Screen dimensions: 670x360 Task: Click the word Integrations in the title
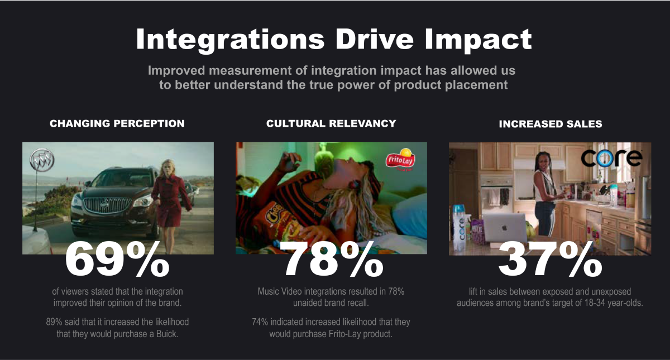[x=230, y=40]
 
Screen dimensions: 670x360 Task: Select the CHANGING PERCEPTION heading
[x=117, y=123]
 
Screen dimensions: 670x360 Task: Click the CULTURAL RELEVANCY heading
[x=331, y=123]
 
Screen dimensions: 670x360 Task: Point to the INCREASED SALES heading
[x=551, y=124]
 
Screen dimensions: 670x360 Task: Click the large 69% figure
[x=117, y=260]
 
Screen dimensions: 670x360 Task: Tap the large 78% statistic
[x=331, y=260]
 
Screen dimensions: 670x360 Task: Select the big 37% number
[x=551, y=260]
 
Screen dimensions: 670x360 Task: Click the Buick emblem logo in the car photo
[x=42, y=160]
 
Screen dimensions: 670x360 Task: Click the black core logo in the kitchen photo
[x=611, y=158]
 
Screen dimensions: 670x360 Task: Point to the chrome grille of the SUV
[x=107, y=205]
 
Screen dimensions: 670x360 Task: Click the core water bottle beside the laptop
[x=460, y=228]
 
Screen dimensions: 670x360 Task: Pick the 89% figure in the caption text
[x=54, y=321]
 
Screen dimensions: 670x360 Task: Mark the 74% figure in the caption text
[x=260, y=321]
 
